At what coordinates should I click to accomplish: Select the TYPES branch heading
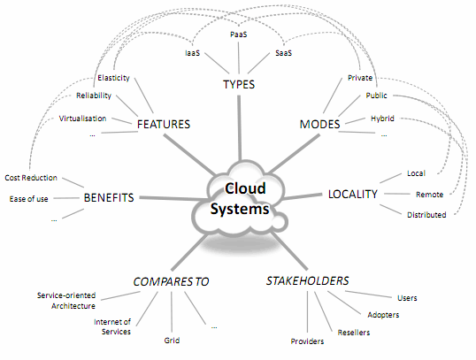tap(239, 85)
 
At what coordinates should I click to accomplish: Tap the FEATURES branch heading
tap(164, 125)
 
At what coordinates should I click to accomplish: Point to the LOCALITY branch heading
tap(352, 193)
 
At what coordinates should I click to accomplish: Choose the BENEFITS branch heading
tap(109, 198)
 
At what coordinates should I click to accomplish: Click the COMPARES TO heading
tap(171, 281)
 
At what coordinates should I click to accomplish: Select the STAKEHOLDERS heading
tap(307, 281)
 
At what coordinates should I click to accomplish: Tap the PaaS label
tap(238, 34)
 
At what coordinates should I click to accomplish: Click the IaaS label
tap(192, 53)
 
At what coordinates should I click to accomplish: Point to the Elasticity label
tap(114, 78)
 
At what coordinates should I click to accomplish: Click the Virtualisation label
tap(83, 118)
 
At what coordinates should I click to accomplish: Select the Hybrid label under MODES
tap(381, 117)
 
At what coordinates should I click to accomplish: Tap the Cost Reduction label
tap(31, 178)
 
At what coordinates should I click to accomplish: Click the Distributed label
tap(426, 214)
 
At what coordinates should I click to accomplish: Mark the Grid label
tap(172, 339)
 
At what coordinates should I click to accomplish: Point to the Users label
tap(407, 297)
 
